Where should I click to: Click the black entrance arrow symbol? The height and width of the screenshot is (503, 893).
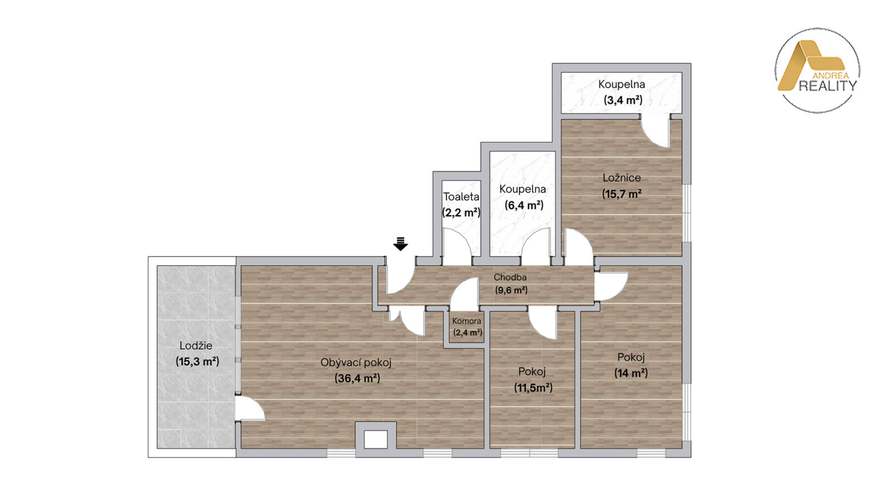click(x=400, y=244)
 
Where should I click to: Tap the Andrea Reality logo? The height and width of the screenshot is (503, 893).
click(x=817, y=70)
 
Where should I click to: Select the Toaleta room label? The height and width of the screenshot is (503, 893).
click(x=461, y=196)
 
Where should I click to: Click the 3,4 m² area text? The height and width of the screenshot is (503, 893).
click(x=623, y=100)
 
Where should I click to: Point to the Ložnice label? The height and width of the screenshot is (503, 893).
click(x=622, y=178)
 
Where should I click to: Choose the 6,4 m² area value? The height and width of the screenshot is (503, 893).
click(x=524, y=205)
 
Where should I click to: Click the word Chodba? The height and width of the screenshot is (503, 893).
click(x=510, y=277)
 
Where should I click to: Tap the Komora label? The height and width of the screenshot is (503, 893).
click(x=467, y=321)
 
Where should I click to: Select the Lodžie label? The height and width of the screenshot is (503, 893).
click(x=196, y=345)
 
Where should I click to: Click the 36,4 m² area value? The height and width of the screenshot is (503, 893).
click(x=357, y=378)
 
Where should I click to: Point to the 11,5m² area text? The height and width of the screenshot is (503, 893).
click(x=533, y=388)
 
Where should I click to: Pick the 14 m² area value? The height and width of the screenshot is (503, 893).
click(x=631, y=373)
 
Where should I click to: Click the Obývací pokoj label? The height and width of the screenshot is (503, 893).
click(x=356, y=363)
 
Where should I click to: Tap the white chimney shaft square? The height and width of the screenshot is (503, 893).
click(x=376, y=439)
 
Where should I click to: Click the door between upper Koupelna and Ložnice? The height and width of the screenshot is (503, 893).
click(x=656, y=133)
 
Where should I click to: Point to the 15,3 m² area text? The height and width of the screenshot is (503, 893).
click(x=198, y=362)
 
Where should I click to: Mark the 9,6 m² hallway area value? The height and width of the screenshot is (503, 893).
click(x=511, y=290)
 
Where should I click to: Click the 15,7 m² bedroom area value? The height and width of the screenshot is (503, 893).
click(x=622, y=194)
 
